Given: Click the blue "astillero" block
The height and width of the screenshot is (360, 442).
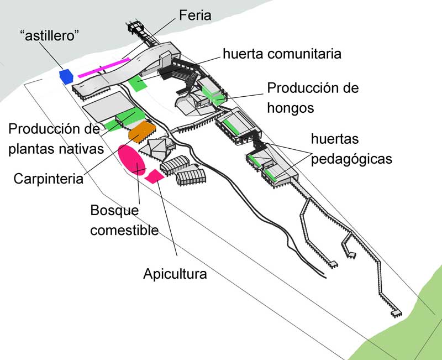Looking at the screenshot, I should point(66,76).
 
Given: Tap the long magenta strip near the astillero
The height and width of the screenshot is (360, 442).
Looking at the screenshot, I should point(104,66).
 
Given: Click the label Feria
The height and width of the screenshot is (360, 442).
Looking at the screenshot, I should point(195,15).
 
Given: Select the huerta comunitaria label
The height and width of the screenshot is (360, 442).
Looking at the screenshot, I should point(282,54).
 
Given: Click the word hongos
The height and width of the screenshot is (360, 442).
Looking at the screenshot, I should point(291,108).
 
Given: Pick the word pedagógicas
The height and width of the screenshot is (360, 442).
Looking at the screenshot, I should point(351,159).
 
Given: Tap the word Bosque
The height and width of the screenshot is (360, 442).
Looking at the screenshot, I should point(115,210).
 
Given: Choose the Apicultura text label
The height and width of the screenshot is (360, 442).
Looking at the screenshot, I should point(175,273).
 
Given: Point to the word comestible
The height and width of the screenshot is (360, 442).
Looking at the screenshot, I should point(125,230).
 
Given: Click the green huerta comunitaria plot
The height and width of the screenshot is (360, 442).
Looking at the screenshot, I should point(137,84).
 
